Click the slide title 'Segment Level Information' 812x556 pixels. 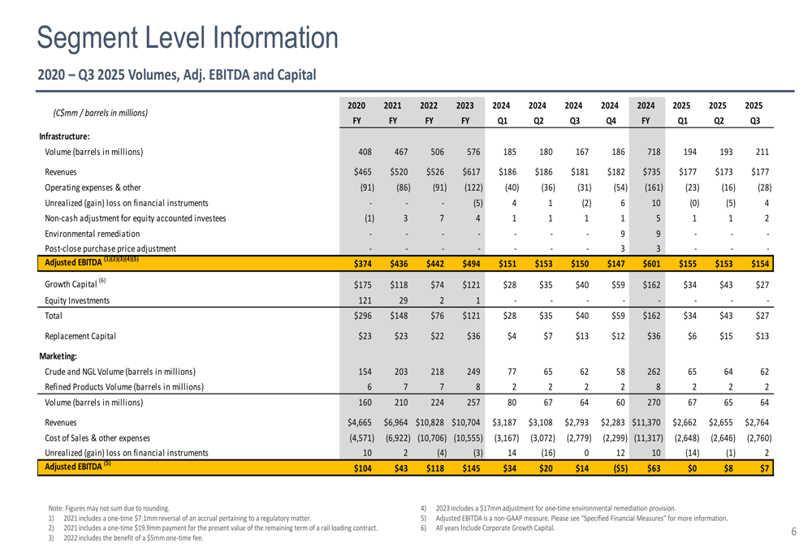click(188, 37)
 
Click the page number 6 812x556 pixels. click(793, 531)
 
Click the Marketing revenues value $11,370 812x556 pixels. click(647, 423)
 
